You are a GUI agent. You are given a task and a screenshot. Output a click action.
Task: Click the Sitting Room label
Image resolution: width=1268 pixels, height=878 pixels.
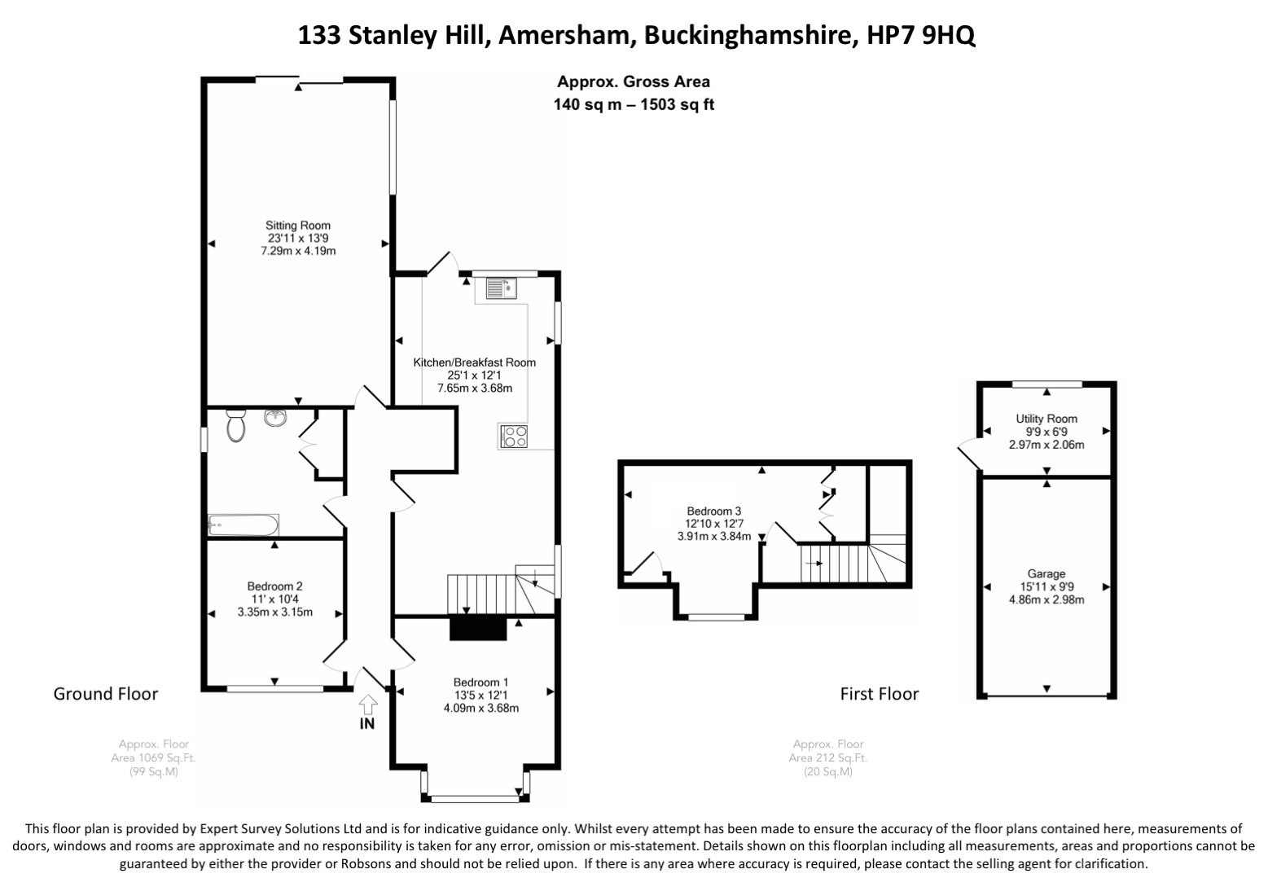pyautogui.click(x=298, y=226)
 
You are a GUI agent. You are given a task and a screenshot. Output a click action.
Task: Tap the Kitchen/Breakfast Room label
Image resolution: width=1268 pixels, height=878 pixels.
pyautogui.click(x=475, y=362)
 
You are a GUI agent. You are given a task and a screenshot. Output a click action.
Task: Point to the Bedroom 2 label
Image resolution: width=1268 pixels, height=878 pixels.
pyautogui.click(x=275, y=586)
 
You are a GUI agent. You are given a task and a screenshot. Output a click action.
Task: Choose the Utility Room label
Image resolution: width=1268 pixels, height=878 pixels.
pyautogui.click(x=1046, y=419)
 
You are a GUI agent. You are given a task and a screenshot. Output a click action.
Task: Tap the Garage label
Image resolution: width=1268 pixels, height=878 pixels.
pyautogui.click(x=1046, y=574)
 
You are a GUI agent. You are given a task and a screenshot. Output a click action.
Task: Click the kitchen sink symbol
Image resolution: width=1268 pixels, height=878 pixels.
pyautogui.click(x=501, y=288)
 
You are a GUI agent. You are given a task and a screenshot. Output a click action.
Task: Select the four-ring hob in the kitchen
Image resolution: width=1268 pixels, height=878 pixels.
pyautogui.click(x=514, y=437)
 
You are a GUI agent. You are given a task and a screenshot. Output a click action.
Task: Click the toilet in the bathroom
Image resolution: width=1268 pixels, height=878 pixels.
pyautogui.click(x=236, y=424)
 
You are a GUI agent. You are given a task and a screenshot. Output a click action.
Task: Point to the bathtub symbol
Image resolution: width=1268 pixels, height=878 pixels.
pyautogui.click(x=244, y=525)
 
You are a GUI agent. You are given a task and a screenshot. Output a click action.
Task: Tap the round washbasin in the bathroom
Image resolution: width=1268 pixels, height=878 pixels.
pyautogui.click(x=276, y=419)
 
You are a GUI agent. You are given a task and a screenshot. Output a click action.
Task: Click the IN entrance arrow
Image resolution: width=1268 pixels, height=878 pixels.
pyautogui.click(x=367, y=703)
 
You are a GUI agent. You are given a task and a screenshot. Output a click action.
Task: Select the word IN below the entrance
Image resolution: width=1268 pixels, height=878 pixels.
pyautogui.click(x=367, y=723)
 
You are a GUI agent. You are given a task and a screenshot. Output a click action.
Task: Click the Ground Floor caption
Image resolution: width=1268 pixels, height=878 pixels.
pyautogui.click(x=106, y=694)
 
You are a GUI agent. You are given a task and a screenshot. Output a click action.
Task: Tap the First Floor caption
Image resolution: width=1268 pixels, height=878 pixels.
pyautogui.click(x=880, y=694)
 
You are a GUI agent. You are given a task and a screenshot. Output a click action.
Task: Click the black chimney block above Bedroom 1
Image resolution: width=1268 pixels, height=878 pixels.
pyautogui.click(x=478, y=628)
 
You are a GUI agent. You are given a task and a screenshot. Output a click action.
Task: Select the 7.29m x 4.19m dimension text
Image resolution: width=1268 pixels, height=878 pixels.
pyautogui.click(x=298, y=251)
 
